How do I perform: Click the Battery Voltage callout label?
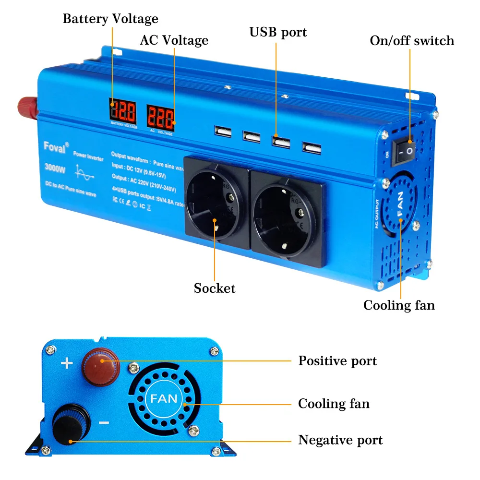pyautogui.click(x=110, y=19)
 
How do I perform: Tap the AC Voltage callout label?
pyautogui.click(x=174, y=40)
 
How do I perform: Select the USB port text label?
pyautogui.click(x=278, y=32)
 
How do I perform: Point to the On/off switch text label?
pyautogui.click(x=412, y=40)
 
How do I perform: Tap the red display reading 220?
pyautogui.click(x=160, y=116)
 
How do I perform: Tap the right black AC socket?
pyautogui.click(x=287, y=213)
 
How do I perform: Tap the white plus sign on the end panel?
pyautogui.click(x=67, y=363)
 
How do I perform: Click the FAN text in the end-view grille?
pyautogui.click(x=164, y=398)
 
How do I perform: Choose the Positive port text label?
pyautogui.click(x=337, y=361)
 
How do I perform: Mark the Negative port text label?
pyautogui.click(x=340, y=440)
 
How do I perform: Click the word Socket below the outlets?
pyautogui.click(x=215, y=288)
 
